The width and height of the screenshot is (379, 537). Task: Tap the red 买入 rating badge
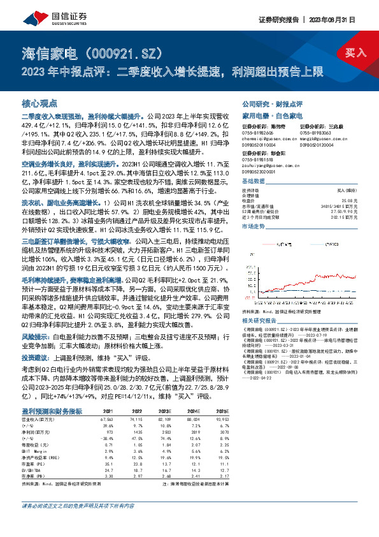[355, 52]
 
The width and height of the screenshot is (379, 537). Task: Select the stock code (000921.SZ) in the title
[121, 52]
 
